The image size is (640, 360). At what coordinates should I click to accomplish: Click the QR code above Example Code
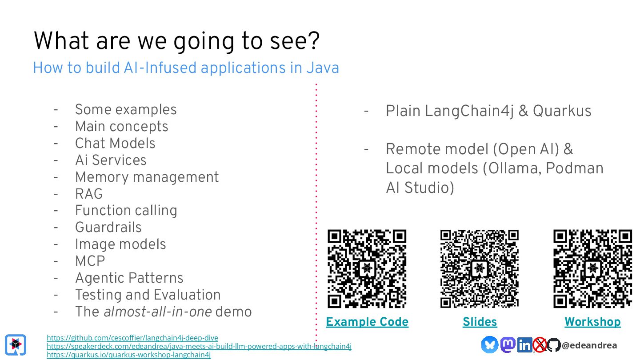(x=367, y=268)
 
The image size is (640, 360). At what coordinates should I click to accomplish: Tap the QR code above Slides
(x=480, y=268)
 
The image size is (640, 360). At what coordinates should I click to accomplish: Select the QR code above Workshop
(x=592, y=268)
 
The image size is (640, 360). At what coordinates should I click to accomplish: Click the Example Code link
(x=367, y=322)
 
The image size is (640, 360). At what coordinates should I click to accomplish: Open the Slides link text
(x=480, y=322)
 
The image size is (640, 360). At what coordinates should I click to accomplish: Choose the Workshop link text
(x=592, y=322)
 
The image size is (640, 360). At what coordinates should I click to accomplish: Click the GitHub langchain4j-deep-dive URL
(x=132, y=338)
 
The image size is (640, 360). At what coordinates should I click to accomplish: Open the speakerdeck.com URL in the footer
(x=199, y=346)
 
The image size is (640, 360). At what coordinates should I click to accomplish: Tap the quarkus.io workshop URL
(x=128, y=355)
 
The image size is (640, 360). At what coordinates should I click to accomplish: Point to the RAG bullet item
(x=89, y=194)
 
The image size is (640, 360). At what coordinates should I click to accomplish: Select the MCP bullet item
(x=90, y=261)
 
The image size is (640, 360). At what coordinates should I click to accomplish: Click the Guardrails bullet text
(x=108, y=227)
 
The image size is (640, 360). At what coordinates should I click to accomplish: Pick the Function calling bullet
(x=126, y=210)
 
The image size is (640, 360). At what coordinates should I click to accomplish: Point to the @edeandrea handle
(x=589, y=345)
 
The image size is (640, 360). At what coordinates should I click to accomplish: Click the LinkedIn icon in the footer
(x=524, y=345)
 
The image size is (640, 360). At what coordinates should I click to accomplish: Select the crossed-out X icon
(x=540, y=345)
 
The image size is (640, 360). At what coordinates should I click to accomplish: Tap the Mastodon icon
(x=508, y=345)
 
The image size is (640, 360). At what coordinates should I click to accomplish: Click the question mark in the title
(x=312, y=41)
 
